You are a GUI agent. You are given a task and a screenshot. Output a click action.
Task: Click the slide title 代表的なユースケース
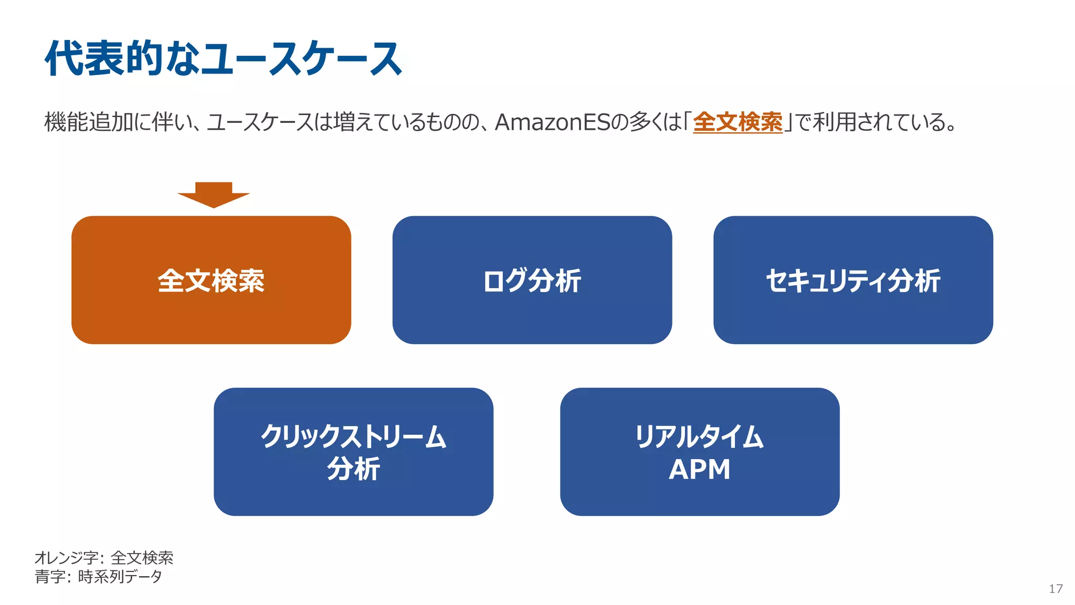pyautogui.click(x=223, y=58)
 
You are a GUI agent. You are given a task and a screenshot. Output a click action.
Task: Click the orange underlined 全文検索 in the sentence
pyautogui.click(x=737, y=122)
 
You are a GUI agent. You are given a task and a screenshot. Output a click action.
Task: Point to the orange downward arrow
pyautogui.click(x=214, y=195)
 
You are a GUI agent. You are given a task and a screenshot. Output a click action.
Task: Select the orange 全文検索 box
pyautogui.click(x=211, y=280)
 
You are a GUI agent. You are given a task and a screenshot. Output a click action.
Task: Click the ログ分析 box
pyautogui.click(x=532, y=280)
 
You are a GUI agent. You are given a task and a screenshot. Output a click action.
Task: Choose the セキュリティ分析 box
pyautogui.click(x=853, y=280)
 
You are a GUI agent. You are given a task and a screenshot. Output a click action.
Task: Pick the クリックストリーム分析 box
pyautogui.click(x=353, y=452)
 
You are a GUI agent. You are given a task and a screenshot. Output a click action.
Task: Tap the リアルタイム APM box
pyautogui.click(x=700, y=452)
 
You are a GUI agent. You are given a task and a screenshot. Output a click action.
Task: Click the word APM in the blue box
pyautogui.click(x=699, y=469)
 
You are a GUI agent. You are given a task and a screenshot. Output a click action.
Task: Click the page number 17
pyautogui.click(x=1056, y=589)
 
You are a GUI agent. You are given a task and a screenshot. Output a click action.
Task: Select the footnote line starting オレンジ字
pyautogui.click(x=104, y=558)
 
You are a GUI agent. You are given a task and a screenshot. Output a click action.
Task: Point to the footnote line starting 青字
pyautogui.click(x=99, y=577)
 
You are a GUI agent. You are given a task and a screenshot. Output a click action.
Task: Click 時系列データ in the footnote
pyautogui.click(x=120, y=577)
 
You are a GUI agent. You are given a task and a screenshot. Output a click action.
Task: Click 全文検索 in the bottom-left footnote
pyautogui.click(x=142, y=558)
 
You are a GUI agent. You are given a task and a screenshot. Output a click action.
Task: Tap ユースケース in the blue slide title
pyautogui.click(x=302, y=58)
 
